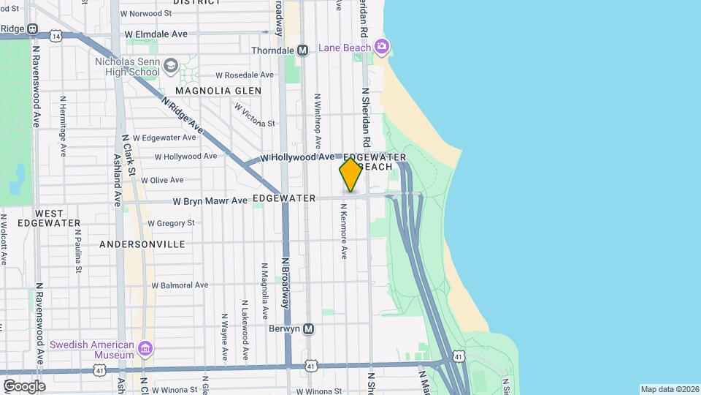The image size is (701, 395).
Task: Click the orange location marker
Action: point(350,175)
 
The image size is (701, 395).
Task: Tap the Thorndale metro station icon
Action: point(302,50)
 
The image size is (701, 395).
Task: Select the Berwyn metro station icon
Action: point(309,329)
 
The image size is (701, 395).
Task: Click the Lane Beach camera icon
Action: point(381,48)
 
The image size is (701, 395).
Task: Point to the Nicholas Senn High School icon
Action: point(170,67)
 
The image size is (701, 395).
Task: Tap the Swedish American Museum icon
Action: point(145,350)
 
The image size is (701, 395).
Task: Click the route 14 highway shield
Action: point(56,34)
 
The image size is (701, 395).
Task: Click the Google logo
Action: point(24,386)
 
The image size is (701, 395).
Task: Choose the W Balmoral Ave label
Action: point(180,285)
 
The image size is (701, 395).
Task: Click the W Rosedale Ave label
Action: point(245,75)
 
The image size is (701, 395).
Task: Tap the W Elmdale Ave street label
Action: point(156,34)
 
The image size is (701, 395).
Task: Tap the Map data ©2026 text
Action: point(670,388)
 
